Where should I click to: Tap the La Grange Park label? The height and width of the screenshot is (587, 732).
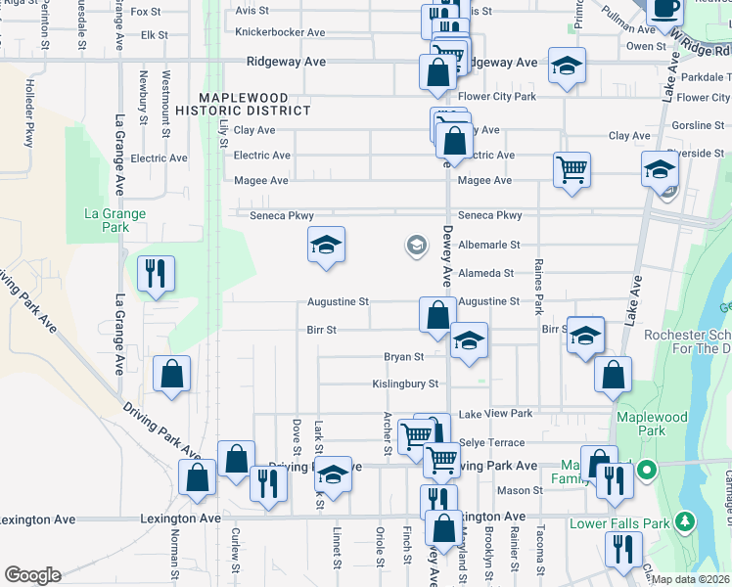pos(114,220)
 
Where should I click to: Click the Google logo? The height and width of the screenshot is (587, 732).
pos(32,575)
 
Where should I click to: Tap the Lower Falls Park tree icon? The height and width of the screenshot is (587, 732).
pos(686,522)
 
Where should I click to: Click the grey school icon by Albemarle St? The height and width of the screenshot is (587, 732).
pos(417,245)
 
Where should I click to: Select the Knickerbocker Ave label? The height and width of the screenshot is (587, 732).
pos(280,32)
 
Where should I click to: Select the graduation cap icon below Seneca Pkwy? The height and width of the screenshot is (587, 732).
pos(326,245)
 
